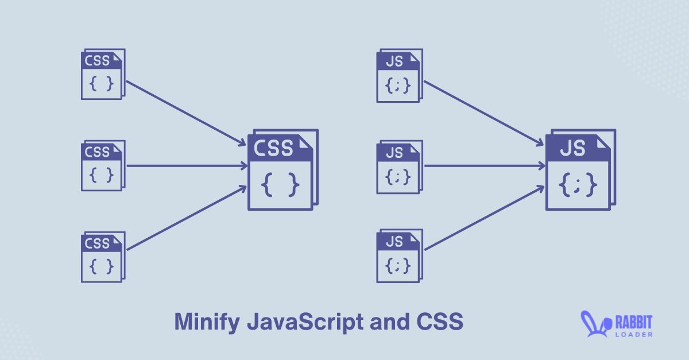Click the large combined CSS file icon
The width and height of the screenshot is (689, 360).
[282, 170]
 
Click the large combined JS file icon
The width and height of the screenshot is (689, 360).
[580, 169]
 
